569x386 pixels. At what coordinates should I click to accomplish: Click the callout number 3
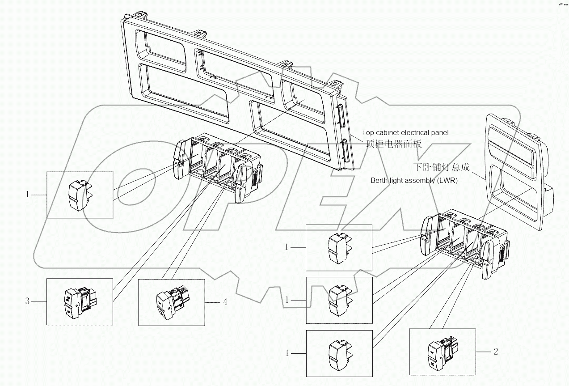coord(27,301)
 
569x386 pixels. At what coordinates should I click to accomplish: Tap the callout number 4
coord(225,302)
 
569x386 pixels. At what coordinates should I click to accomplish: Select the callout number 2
coord(496,352)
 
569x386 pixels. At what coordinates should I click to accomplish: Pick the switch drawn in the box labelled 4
coord(170,302)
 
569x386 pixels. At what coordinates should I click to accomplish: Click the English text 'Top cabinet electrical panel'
coord(405,132)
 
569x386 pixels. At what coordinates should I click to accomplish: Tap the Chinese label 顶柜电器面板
coord(393,144)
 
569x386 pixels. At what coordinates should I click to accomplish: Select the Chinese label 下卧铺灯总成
coord(441,167)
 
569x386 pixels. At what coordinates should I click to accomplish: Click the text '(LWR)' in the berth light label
coord(448,181)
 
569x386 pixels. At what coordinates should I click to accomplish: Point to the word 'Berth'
coord(379,181)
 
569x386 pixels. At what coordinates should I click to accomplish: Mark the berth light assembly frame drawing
coord(518,170)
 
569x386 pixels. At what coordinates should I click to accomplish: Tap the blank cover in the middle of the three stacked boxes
coord(338,300)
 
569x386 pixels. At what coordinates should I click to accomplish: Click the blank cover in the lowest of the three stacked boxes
coord(338,353)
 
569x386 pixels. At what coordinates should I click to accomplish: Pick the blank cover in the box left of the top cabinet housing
coord(80,195)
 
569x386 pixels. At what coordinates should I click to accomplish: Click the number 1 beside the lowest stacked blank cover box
coord(287,353)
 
